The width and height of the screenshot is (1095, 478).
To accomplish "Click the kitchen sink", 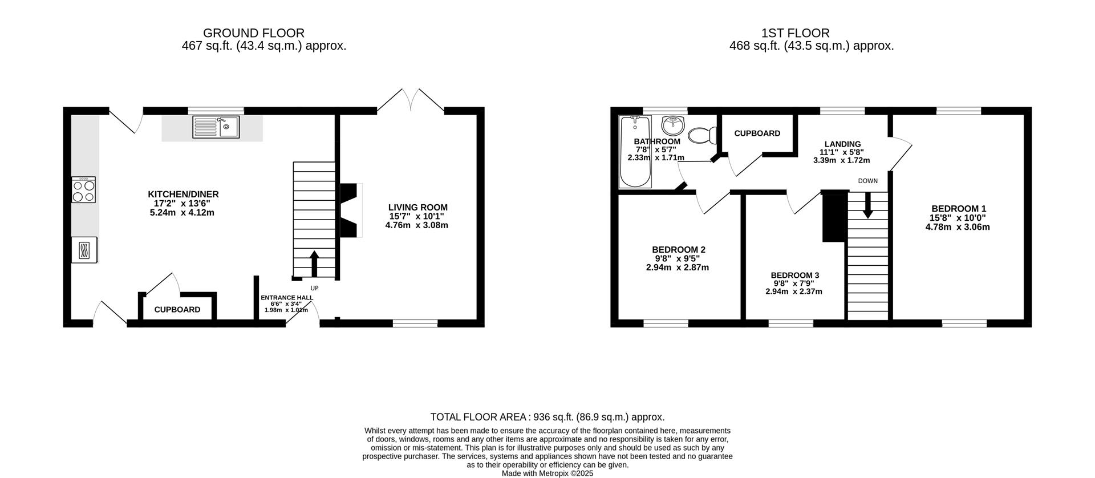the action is [x=216, y=127].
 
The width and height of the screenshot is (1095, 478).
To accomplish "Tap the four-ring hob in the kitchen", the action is [x=84, y=189].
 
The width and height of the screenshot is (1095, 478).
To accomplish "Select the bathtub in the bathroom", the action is [x=635, y=152].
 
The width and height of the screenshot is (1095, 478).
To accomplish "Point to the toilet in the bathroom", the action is [x=703, y=135].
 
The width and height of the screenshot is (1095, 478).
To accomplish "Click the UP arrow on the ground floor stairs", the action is [x=314, y=264].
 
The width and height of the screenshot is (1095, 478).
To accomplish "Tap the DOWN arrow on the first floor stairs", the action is [x=867, y=205].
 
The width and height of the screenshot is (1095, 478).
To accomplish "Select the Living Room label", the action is [x=417, y=216].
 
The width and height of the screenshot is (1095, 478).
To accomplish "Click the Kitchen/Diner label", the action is [x=183, y=203].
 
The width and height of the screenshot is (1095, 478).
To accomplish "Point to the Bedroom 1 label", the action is [x=958, y=218].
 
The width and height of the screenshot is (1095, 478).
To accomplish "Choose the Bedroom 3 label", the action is [x=794, y=283].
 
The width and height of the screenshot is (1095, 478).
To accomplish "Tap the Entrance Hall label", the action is [x=286, y=303].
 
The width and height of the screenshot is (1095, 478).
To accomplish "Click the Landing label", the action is [x=842, y=152].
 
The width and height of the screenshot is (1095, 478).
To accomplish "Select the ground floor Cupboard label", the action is [x=177, y=310].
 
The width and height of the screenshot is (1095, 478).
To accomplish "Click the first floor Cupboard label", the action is [x=757, y=133].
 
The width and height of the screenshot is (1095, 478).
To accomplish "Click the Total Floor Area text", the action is [x=547, y=417].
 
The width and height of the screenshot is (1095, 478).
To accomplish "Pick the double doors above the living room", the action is [x=411, y=100].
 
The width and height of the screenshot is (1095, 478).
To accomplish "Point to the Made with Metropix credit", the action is [x=547, y=473].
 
